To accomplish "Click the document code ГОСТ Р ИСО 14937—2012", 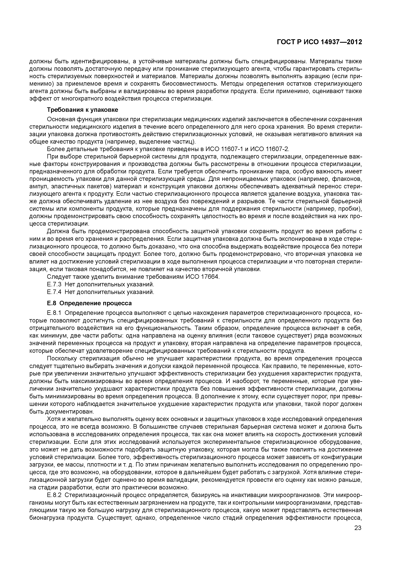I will pos(319,42).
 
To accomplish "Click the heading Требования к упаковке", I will pos(83,110).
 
